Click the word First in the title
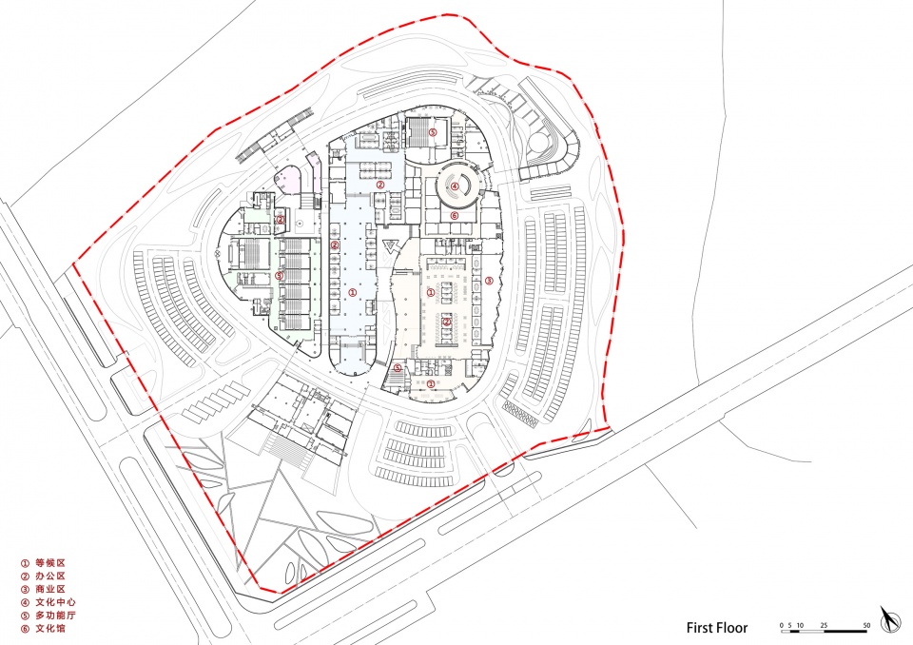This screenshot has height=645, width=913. click(x=699, y=628)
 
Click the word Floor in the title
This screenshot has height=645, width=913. click(x=732, y=628)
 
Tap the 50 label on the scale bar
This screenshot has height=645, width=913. click(x=866, y=625)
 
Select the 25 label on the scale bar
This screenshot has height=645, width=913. click(x=824, y=625)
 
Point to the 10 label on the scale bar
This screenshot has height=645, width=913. click(x=800, y=625)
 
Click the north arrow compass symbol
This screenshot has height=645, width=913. click(x=890, y=620)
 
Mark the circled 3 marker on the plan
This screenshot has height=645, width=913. click(x=489, y=281)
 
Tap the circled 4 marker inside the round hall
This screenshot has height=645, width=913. click(x=455, y=186)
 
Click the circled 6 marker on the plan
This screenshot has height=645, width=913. click(x=455, y=216)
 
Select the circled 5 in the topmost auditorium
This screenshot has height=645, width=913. click(x=433, y=132)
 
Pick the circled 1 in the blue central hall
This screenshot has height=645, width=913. click(x=352, y=292)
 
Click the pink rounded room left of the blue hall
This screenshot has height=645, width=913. click(x=287, y=179)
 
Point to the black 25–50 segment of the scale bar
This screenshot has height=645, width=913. click(x=845, y=631)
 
